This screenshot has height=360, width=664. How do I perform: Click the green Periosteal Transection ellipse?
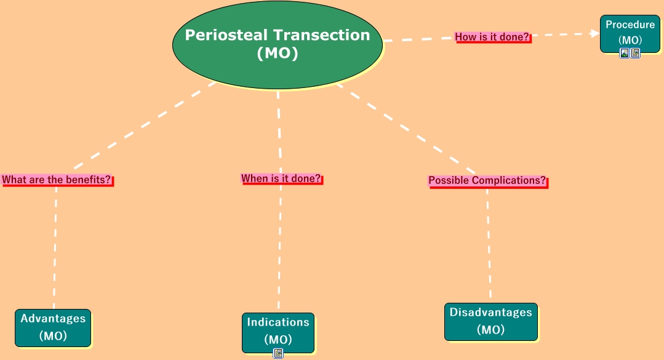click(x=278, y=45)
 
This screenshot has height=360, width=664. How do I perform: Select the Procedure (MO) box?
click(x=630, y=34)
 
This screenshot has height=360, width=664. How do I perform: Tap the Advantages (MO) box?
click(x=53, y=328)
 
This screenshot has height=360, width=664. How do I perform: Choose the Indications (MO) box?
click(x=278, y=332)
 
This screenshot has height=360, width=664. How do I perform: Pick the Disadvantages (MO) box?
click(x=491, y=321)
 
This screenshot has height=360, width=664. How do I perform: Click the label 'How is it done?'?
click(x=492, y=38)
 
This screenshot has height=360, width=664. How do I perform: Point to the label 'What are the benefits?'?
click(x=57, y=180)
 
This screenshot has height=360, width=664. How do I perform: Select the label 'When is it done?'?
click(x=282, y=178)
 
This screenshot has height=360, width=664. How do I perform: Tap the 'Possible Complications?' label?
click(x=488, y=181)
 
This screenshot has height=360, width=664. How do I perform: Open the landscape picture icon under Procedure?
click(x=624, y=53)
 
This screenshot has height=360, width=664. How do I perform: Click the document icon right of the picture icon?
click(x=635, y=53)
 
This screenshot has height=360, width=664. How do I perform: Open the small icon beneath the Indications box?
click(x=278, y=353)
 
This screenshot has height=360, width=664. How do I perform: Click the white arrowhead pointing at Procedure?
click(x=595, y=33)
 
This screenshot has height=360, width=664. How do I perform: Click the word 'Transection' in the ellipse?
click(x=321, y=35)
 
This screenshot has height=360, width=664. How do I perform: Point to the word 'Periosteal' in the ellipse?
click(x=226, y=35)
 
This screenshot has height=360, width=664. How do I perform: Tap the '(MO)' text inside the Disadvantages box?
click(x=491, y=329)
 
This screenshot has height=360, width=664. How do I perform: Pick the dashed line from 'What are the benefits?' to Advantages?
click(x=55, y=247)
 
